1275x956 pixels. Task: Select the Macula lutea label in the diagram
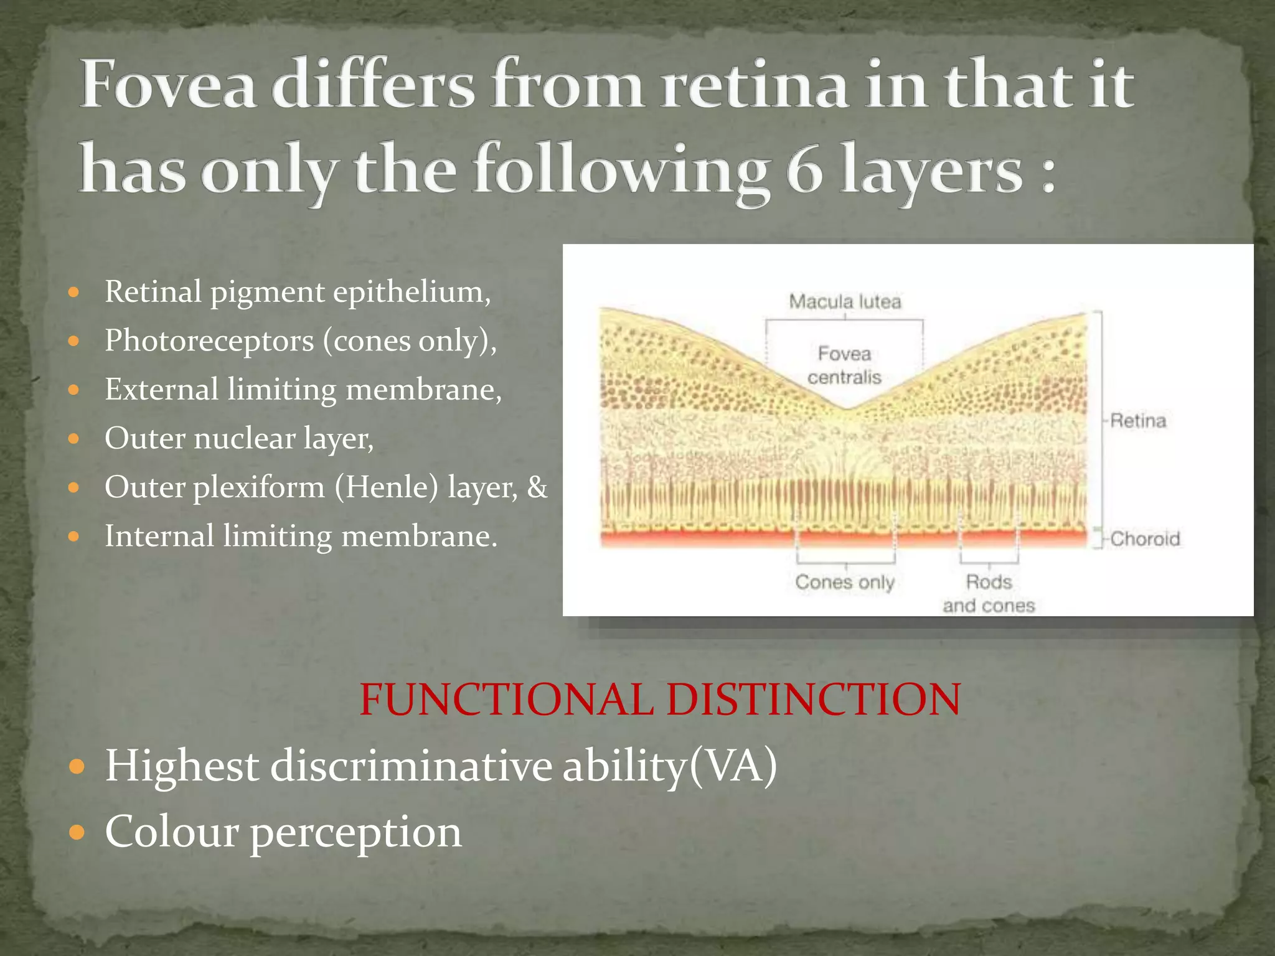coord(845,302)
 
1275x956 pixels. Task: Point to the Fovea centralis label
coord(844,365)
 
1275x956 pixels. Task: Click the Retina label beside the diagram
coord(1138,421)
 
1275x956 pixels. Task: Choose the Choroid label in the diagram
coord(1145,538)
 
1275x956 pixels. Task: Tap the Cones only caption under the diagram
coord(845,583)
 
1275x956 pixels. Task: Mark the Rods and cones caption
coord(989,594)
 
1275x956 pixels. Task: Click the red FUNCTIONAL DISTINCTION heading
coord(660,699)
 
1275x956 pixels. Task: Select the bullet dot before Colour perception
coord(76,832)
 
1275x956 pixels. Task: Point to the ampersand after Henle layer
coord(537,487)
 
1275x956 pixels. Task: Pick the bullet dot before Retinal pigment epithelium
coord(74,292)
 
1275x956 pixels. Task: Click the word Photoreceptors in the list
coord(209,340)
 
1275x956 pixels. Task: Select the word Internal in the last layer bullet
coord(159,536)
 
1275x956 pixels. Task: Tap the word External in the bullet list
coord(161,390)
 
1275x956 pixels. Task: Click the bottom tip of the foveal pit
coord(845,409)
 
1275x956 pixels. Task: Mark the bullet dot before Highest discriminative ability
coord(76,766)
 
